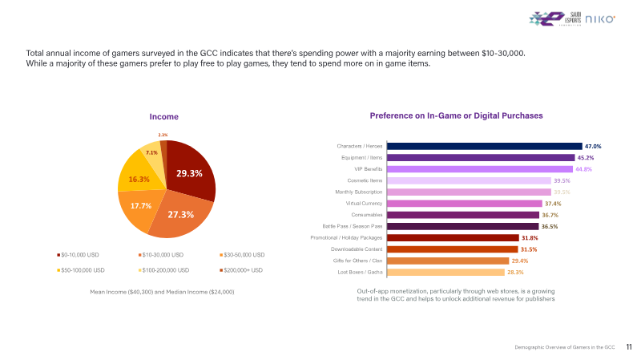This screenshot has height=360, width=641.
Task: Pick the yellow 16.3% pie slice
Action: (x=139, y=179)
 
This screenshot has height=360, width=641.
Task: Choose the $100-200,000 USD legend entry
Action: (x=164, y=270)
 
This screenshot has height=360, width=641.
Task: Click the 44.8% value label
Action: (x=583, y=169)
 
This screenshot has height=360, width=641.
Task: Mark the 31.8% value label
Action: (x=530, y=238)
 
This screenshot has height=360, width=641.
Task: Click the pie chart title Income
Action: (x=164, y=117)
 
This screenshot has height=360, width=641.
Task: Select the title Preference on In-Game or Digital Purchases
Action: (x=456, y=115)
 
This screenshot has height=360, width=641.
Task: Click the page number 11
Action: (x=629, y=347)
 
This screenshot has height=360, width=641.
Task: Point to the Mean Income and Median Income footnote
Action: (x=163, y=291)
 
